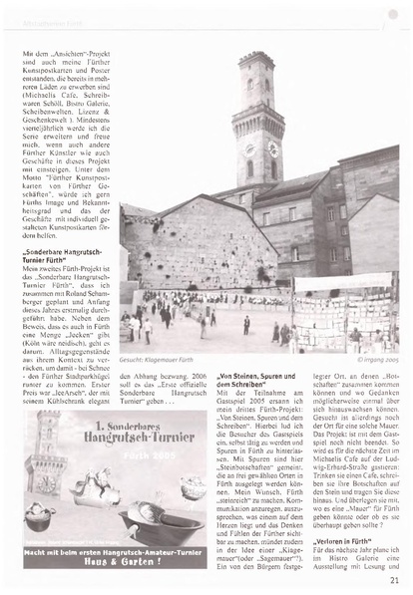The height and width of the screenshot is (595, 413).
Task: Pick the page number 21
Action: coord(395,580)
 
